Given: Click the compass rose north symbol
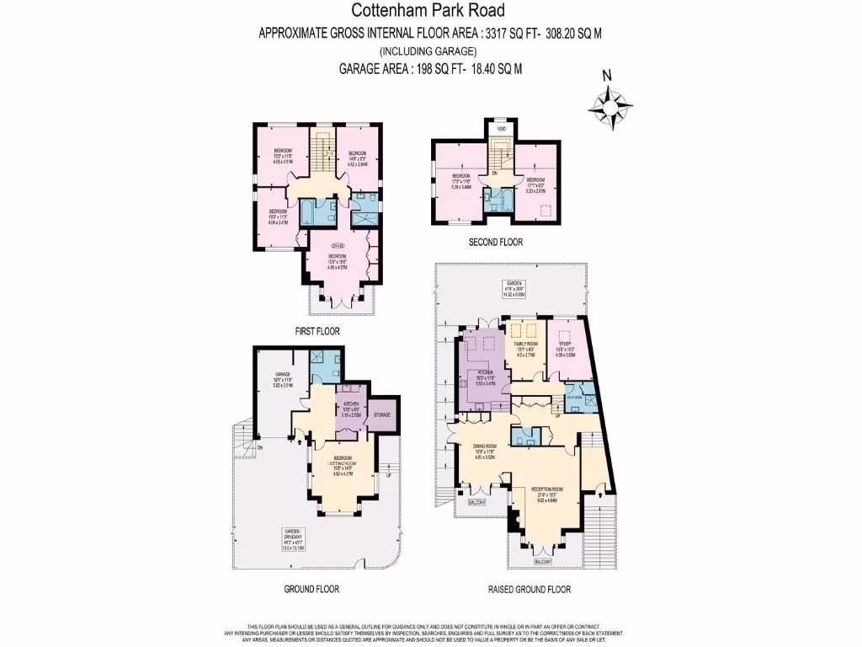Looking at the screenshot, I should pos(605,76).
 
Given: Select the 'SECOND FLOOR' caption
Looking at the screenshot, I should pos(495,242).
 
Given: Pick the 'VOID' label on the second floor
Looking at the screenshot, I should pos(501,128).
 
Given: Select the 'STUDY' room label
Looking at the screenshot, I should pos(565,344).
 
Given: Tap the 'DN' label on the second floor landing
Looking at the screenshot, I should pos(495,173).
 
